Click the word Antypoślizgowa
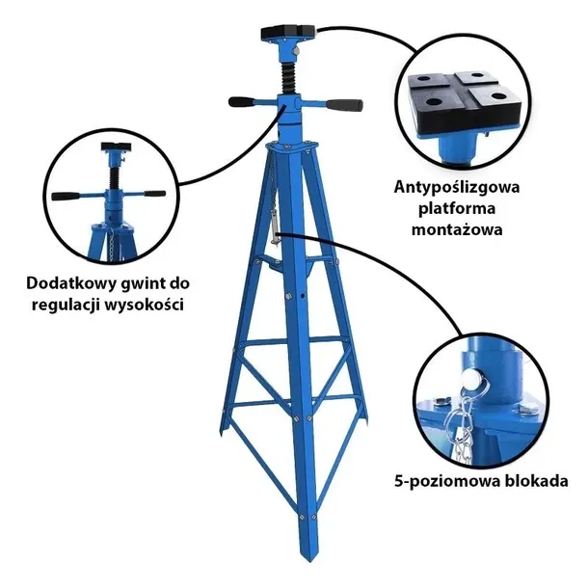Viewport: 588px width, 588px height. [x=456, y=188]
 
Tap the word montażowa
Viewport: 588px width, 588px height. [x=456, y=229]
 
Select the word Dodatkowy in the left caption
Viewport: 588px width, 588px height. [x=71, y=283]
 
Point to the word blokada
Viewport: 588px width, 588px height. [x=536, y=480]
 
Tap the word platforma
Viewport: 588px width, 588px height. [x=456, y=209]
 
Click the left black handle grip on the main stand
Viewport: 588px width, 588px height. [x=242, y=101]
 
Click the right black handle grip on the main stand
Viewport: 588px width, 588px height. [x=344, y=105]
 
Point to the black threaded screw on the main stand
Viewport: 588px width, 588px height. [x=288, y=79]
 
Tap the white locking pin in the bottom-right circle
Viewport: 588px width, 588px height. [x=470, y=380]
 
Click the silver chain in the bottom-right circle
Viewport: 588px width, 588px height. [x=465, y=424]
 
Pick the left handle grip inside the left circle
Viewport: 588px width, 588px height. [x=66, y=196]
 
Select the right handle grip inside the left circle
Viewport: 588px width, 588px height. [x=155, y=194]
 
